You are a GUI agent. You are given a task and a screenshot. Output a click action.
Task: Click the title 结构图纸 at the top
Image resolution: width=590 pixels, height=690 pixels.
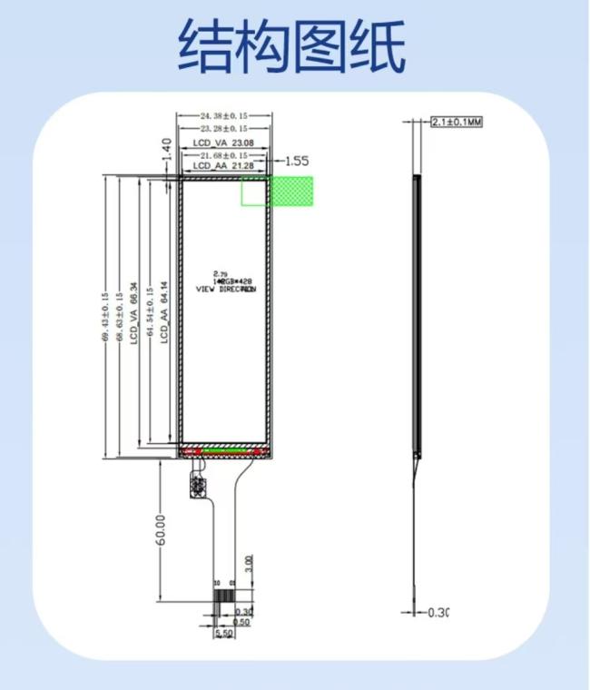point(291,46)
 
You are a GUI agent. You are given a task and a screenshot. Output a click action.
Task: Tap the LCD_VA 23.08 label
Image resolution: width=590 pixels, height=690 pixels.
point(223,144)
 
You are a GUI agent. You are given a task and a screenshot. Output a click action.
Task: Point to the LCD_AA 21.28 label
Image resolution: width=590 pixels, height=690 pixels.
point(223,166)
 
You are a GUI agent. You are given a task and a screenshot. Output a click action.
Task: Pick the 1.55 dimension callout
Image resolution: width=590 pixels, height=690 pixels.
point(296,162)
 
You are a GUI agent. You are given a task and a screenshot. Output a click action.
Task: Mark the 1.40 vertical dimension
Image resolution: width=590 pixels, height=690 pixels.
point(166,151)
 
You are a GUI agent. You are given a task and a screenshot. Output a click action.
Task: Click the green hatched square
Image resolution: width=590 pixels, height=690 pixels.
point(290,191)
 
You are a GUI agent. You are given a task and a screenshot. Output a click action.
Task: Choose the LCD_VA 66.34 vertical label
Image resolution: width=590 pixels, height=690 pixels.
point(134,312)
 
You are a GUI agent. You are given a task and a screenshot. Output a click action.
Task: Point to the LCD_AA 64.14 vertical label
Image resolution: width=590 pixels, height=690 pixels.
point(165,312)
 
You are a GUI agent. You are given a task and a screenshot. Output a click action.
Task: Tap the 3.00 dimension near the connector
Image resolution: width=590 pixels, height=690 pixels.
point(248,565)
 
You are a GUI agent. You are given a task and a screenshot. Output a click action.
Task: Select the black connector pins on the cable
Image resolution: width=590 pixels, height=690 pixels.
point(223,600)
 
